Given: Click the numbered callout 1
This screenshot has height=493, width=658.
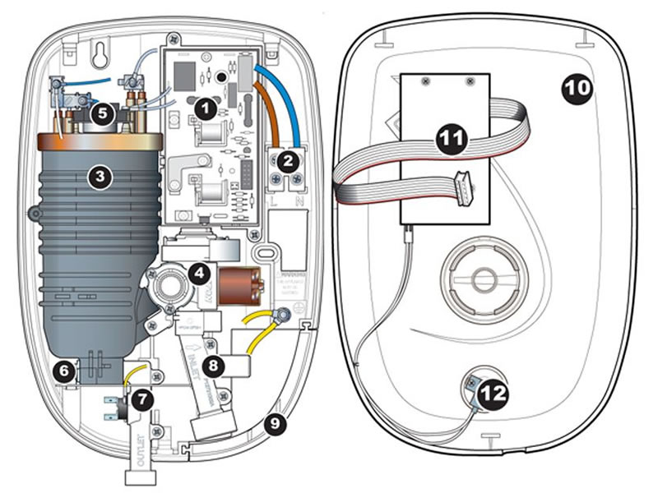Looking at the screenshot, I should click(x=206, y=106).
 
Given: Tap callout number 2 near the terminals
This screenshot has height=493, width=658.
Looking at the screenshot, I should click(x=287, y=161).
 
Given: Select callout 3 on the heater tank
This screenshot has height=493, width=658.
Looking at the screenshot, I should click(x=99, y=176).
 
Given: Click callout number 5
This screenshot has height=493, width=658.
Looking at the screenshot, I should click(x=102, y=113).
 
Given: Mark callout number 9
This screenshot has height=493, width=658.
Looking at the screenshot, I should click(x=272, y=424).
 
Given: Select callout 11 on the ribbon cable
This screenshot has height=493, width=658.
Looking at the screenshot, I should click(x=449, y=141).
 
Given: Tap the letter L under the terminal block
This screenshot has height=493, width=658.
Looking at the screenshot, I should click(x=274, y=199).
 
